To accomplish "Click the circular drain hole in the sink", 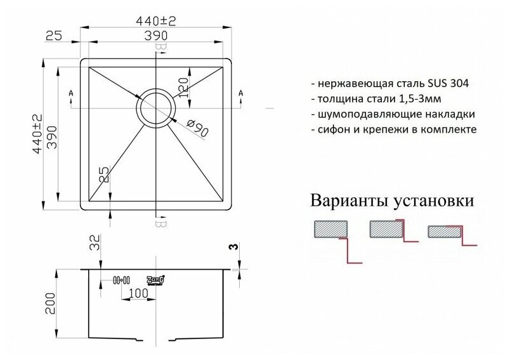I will (155, 105).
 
